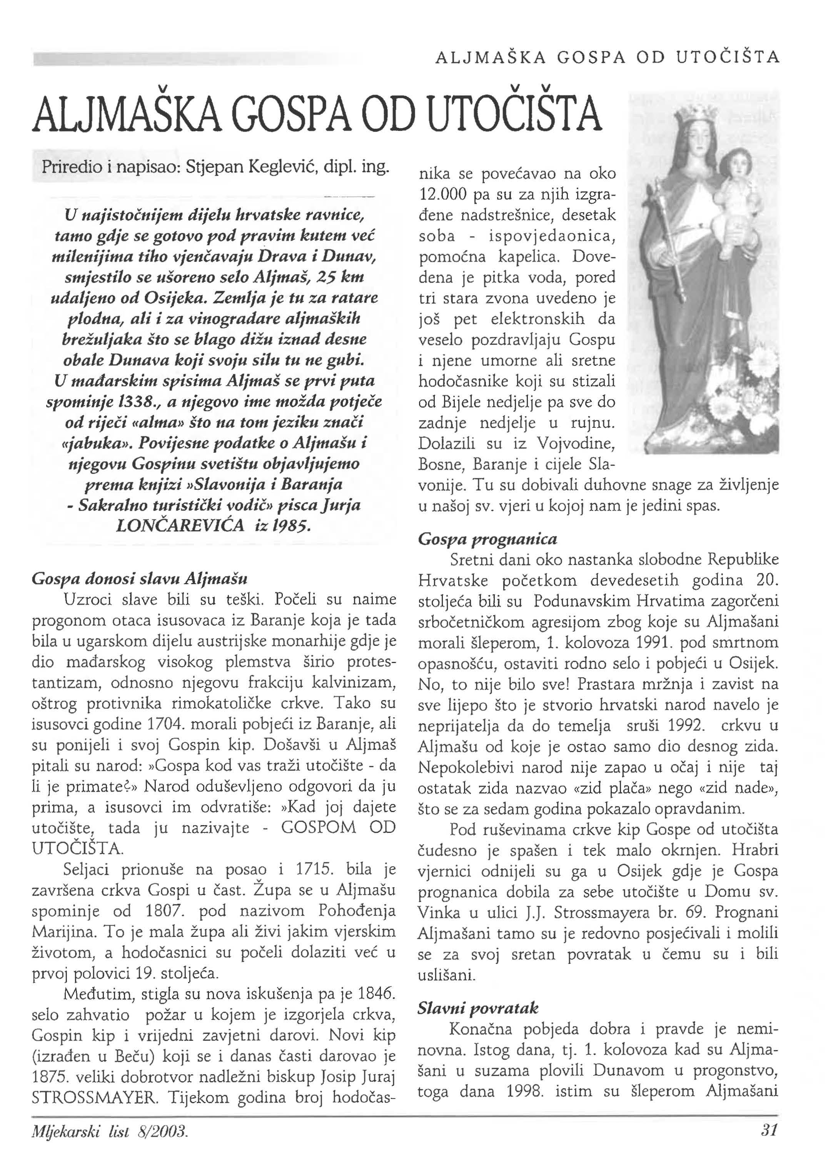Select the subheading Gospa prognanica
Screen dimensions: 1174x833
pyautogui.click(x=487, y=539)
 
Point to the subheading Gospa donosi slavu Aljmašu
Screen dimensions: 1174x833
pyautogui.click(x=140, y=579)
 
